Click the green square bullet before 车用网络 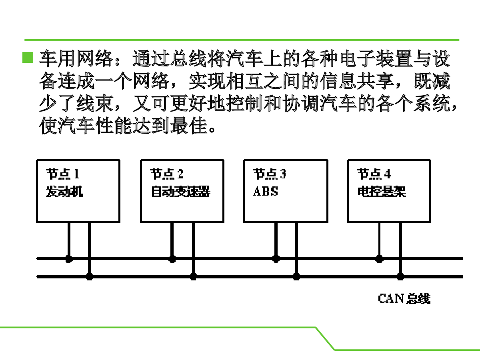[28, 57]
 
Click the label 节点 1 [63, 174]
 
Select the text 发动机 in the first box [64, 192]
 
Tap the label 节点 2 [167, 174]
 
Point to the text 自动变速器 [181, 192]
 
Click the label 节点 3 [270, 174]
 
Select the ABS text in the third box [266, 191]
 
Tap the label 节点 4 [374, 174]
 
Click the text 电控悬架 [382, 192]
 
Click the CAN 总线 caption [404, 298]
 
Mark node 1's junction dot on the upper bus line [69, 259]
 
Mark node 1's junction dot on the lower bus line [90, 277]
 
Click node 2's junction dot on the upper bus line [172, 259]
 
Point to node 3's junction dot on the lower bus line [296, 277]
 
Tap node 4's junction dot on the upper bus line [380, 259]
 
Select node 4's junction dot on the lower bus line [400, 277]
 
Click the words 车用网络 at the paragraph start [76, 58]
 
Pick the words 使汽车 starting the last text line [67, 126]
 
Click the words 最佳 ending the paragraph [189, 126]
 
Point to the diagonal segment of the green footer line [325, 338]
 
